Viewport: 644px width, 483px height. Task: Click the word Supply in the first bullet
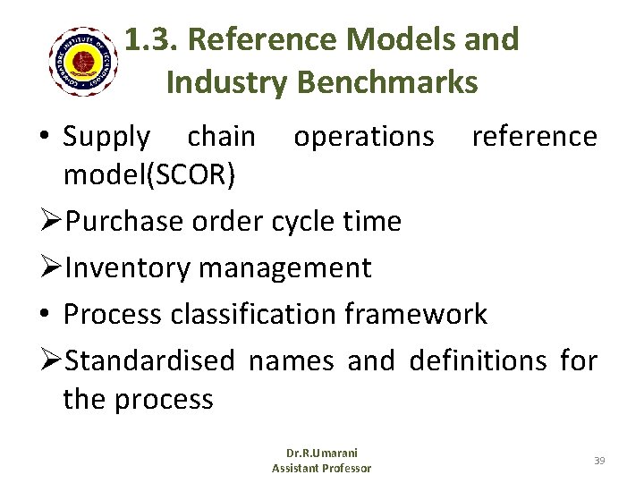(x=107, y=138)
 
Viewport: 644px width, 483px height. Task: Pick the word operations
(x=364, y=137)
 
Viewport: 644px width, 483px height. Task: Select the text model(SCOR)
(x=149, y=176)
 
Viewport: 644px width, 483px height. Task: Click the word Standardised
(x=149, y=361)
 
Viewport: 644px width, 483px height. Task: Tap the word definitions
(x=478, y=361)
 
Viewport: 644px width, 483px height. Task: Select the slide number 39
(x=599, y=460)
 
